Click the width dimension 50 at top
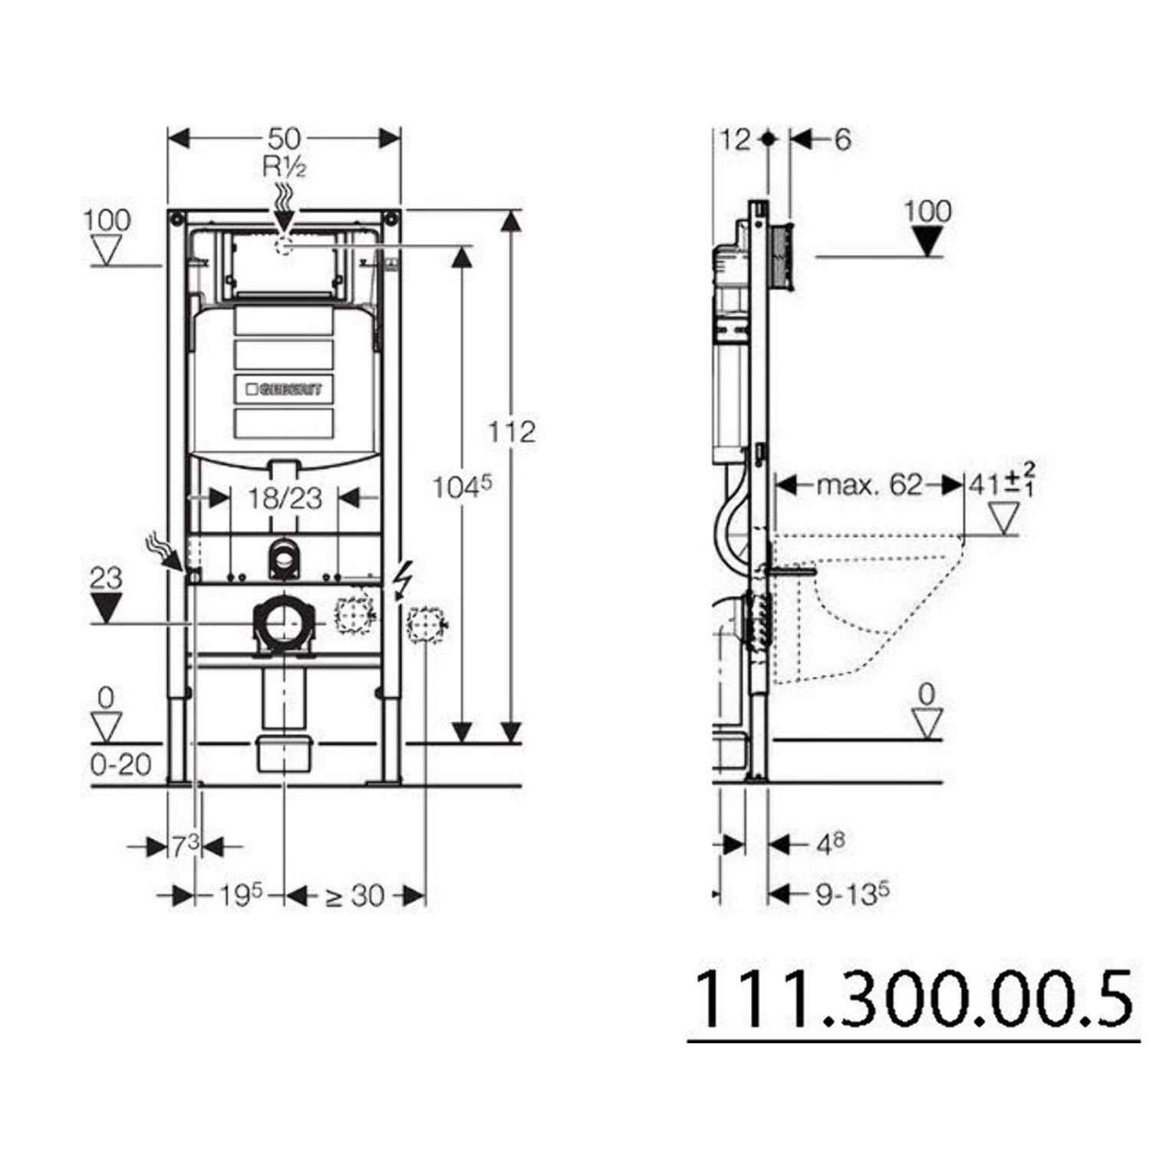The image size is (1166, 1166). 284,139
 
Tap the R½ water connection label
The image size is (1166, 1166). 284,166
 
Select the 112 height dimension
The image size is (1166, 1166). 512,432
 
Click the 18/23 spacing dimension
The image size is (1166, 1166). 285,499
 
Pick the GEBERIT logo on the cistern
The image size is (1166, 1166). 285,389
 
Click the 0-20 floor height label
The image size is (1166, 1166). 121,764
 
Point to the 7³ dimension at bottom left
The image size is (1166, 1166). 184,846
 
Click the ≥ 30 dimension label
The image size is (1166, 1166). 354,895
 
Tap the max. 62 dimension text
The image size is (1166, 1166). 868,485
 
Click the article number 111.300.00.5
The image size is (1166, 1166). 913,1000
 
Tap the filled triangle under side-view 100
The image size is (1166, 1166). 927,243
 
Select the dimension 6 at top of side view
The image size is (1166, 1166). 842,140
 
